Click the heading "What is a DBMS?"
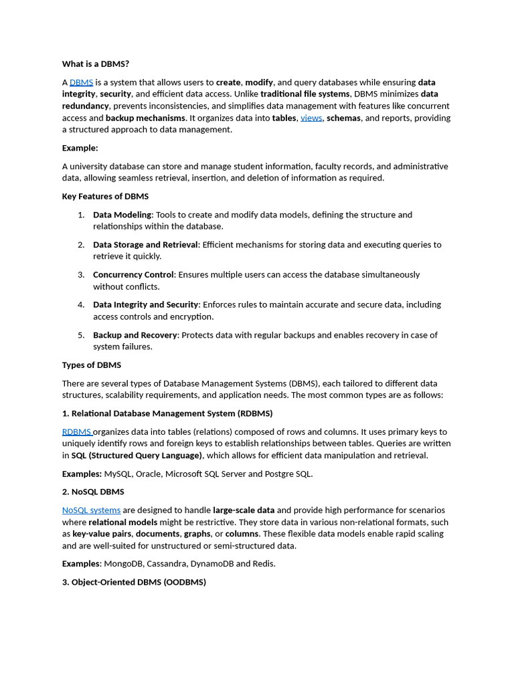[96, 64]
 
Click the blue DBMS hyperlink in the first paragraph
[81, 82]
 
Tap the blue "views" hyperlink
[311, 118]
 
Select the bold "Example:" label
[80, 148]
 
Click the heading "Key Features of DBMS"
[105, 197]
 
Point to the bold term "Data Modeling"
[122, 215]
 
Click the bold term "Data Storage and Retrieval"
[145, 245]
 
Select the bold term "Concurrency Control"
[133, 275]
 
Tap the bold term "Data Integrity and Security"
[145, 305]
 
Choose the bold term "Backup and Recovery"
[135, 335]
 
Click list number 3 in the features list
[81, 275]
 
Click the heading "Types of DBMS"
[92, 365]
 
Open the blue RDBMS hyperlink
[76, 432]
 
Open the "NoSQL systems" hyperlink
[91, 510]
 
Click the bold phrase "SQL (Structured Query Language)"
[137, 456]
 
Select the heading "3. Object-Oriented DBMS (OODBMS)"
[134, 583]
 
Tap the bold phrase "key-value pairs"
[101, 534]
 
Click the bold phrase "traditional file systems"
[305, 94]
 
